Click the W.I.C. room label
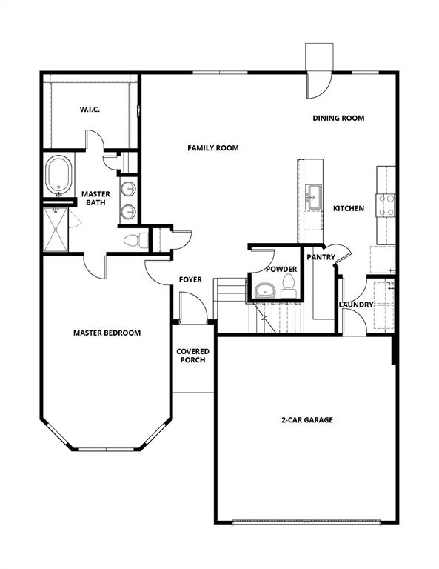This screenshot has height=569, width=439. click(x=90, y=110)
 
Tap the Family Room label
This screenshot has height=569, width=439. click(x=212, y=148)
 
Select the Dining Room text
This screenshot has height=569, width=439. click(x=338, y=118)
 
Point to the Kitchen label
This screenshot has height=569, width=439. click(x=348, y=208)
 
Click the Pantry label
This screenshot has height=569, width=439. click(x=321, y=257)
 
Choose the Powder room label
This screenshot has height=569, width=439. click(x=281, y=269)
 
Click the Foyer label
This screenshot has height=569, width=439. click(x=190, y=279)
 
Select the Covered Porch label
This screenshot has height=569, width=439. click(x=192, y=356)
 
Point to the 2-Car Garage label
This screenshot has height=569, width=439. click(x=306, y=420)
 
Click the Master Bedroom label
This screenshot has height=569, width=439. click(x=107, y=333)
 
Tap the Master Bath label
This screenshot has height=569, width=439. click(x=95, y=198)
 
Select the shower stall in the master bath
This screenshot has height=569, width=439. click(x=56, y=229)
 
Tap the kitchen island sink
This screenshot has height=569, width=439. click(x=314, y=194)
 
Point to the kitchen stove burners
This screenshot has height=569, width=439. click(x=386, y=205)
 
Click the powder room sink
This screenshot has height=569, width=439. click(x=264, y=290)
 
